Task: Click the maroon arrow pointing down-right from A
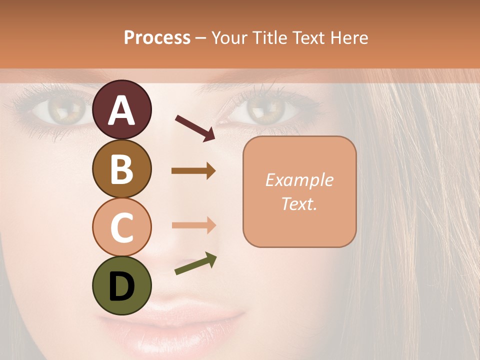(195, 128)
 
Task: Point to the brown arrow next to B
(193, 171)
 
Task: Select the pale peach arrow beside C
(193, 225)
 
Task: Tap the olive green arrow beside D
(195, 264)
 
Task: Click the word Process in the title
(157, 37)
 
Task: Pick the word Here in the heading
(348, 37)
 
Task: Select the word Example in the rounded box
(299, 180)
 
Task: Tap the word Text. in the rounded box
(299, 204)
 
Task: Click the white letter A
(122, 111)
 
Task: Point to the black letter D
(122, 286)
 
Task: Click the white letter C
(122, 228)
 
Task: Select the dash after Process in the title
(201, 38)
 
